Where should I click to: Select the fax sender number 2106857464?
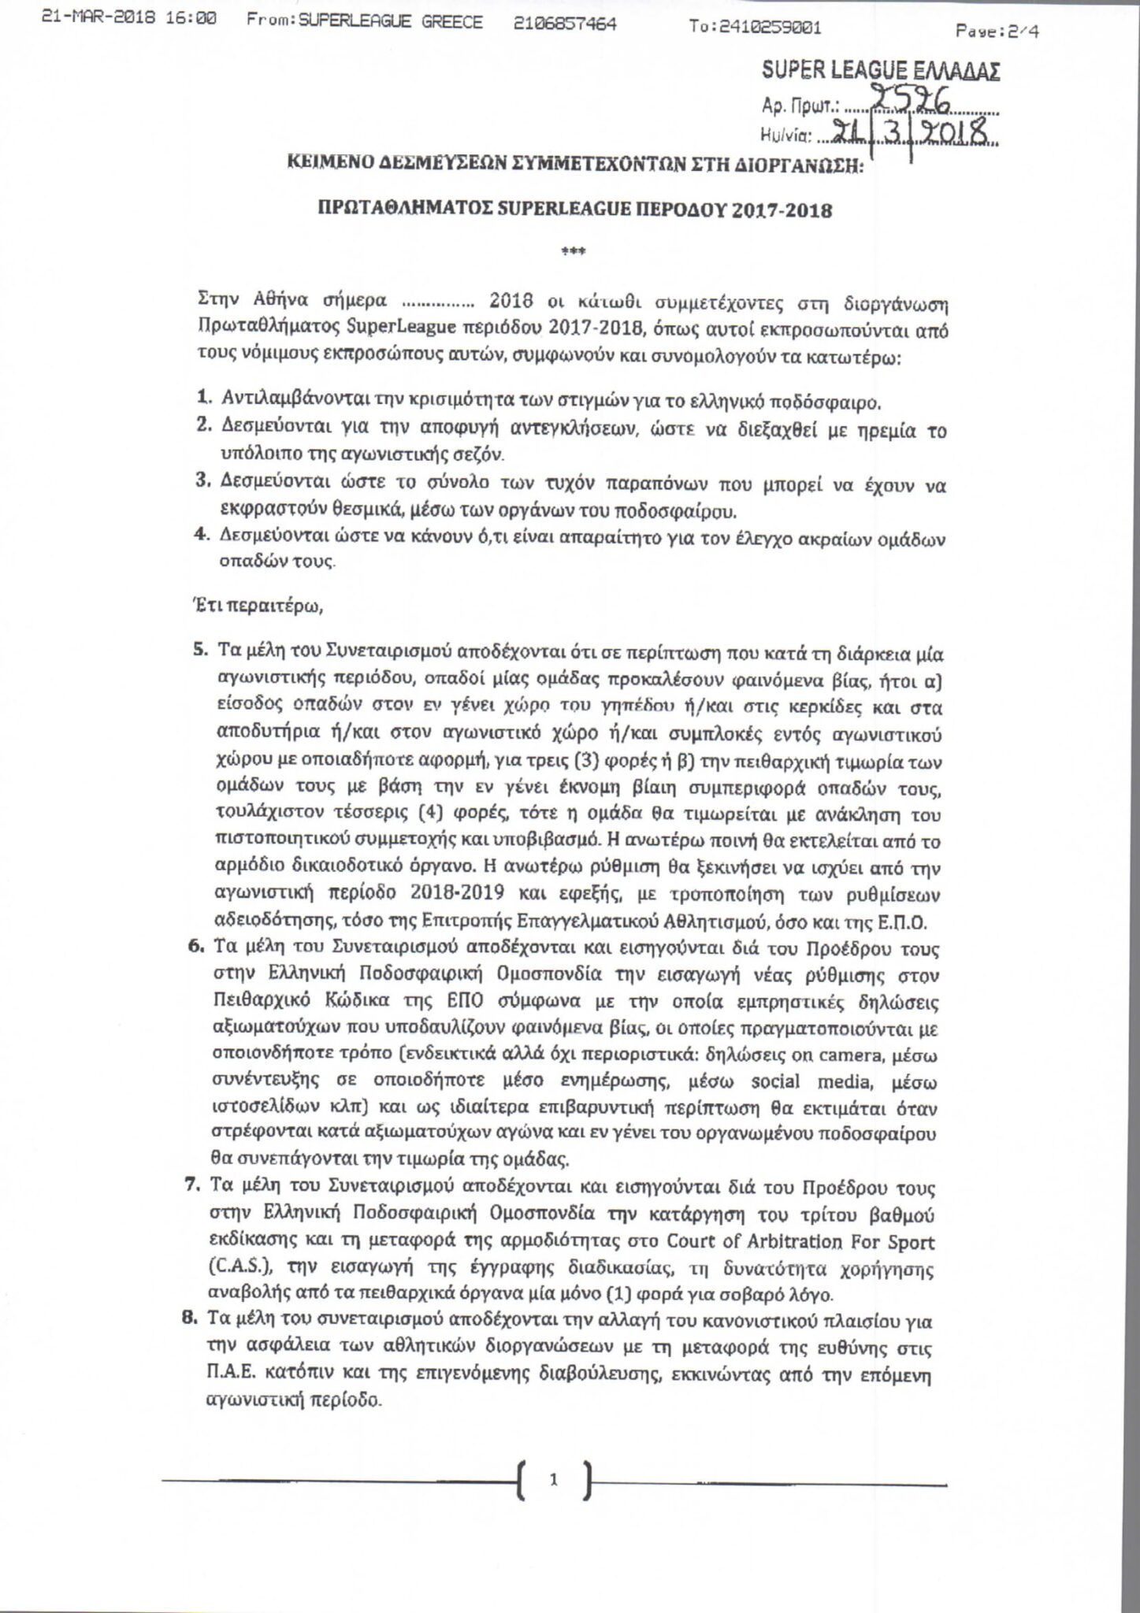[564, 24]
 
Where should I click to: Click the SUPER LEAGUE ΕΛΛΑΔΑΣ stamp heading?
[881, 72]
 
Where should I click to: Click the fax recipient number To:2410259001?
[755, 28]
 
